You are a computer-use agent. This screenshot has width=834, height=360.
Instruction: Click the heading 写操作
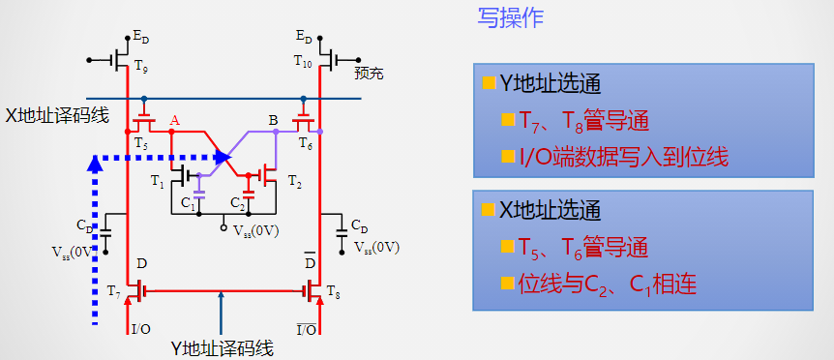(x=511, y=18)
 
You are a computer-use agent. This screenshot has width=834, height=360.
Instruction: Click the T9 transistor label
(x=141, y=67)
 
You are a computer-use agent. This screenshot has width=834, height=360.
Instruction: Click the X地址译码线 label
(x=56, y=115)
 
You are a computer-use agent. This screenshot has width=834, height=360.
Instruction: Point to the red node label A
(x=175, y=120)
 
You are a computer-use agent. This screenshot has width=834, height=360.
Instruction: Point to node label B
(x=273, y=120)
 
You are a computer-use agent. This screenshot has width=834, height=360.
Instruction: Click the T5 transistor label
(x=140, y=143)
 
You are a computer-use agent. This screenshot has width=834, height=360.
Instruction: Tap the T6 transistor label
(x=306, y=143)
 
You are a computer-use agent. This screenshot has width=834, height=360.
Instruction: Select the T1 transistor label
(x=158, y=181)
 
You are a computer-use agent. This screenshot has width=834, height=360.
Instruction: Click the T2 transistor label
(x=294, y=181)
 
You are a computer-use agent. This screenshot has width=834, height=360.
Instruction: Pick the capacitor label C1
(x=188, y=203)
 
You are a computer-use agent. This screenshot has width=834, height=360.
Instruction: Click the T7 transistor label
(x=114, y=290)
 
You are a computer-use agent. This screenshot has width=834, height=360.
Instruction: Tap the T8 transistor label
(x=334, y=290)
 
